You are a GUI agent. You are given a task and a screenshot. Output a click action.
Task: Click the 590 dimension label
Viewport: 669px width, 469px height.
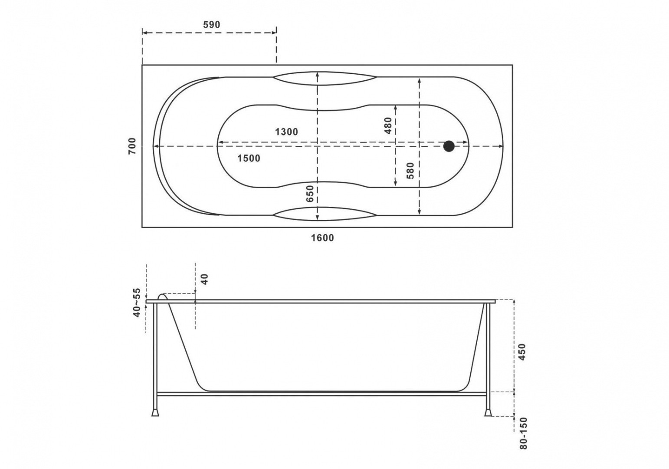pyautogui.click(x=211, y=25)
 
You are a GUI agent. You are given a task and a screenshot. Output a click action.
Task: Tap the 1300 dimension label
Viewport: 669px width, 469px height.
pyautogui.click(x=286, y=132)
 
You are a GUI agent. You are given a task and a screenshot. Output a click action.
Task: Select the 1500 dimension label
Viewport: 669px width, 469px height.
pyautogui.click(x=249, y=158)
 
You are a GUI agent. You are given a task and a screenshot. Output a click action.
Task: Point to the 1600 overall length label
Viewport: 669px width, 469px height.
pyautogui.click(x=322, y=238)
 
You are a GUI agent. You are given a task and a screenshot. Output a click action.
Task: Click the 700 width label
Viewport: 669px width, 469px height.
pyautogui.click(x=132, y=146)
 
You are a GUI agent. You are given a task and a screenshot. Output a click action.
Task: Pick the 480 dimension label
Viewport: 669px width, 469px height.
pyautogui.click(x=388, y=126)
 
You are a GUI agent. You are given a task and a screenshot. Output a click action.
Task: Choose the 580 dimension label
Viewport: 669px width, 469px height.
pyautogui.click(x=411, y=170)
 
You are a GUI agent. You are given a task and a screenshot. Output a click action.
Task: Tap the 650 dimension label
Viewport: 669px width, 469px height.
pyautogui.click(x=310, y=193)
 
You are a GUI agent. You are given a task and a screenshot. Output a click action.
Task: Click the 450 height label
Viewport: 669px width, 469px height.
pyautogui.click(x=522, y=352)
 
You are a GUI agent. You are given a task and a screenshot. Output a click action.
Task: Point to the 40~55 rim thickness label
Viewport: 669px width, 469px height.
pyautogui.click(x=137, y=303)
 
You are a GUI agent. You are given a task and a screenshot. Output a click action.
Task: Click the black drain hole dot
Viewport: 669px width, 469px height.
pyautogui.click(x=449, y=146)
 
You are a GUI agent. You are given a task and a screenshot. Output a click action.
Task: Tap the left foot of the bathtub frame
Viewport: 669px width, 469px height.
pyautogui.click(x=155, y=413)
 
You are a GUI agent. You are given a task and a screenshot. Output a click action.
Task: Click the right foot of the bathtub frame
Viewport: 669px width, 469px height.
pyautogui.click(x=488, y=413)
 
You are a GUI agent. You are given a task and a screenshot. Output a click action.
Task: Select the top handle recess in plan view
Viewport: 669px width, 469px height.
pyautogui.click(x=325, y=78)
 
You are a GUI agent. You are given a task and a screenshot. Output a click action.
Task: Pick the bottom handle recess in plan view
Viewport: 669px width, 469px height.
pyautogui.click(x=325, y=214)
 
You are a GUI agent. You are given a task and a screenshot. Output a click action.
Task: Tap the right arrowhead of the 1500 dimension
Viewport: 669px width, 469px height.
pyautogui.click(x=501, y=146)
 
